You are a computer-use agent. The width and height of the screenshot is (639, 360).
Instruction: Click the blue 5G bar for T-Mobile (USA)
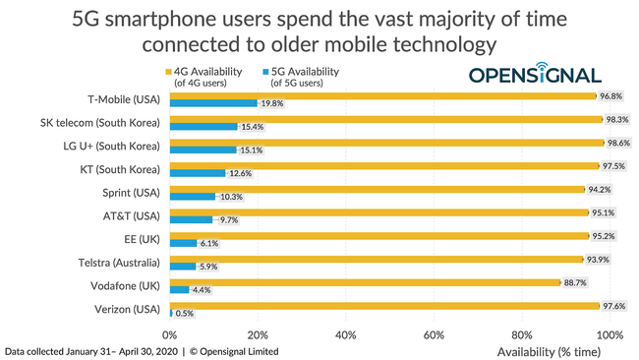(213, 102)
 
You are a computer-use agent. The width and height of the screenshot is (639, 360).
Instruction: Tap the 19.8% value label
(271, 103)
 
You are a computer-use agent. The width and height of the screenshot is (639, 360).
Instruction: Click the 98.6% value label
(618, 143)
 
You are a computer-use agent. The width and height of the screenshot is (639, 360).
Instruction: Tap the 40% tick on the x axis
(345, 334)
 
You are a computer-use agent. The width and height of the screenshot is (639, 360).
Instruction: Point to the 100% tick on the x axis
(610, 334)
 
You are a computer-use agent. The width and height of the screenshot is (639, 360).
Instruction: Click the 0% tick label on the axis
(172, 334)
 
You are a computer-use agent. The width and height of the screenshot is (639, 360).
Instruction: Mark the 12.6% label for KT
(239, 173)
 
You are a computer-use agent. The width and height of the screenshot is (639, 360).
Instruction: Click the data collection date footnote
(142, 351)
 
